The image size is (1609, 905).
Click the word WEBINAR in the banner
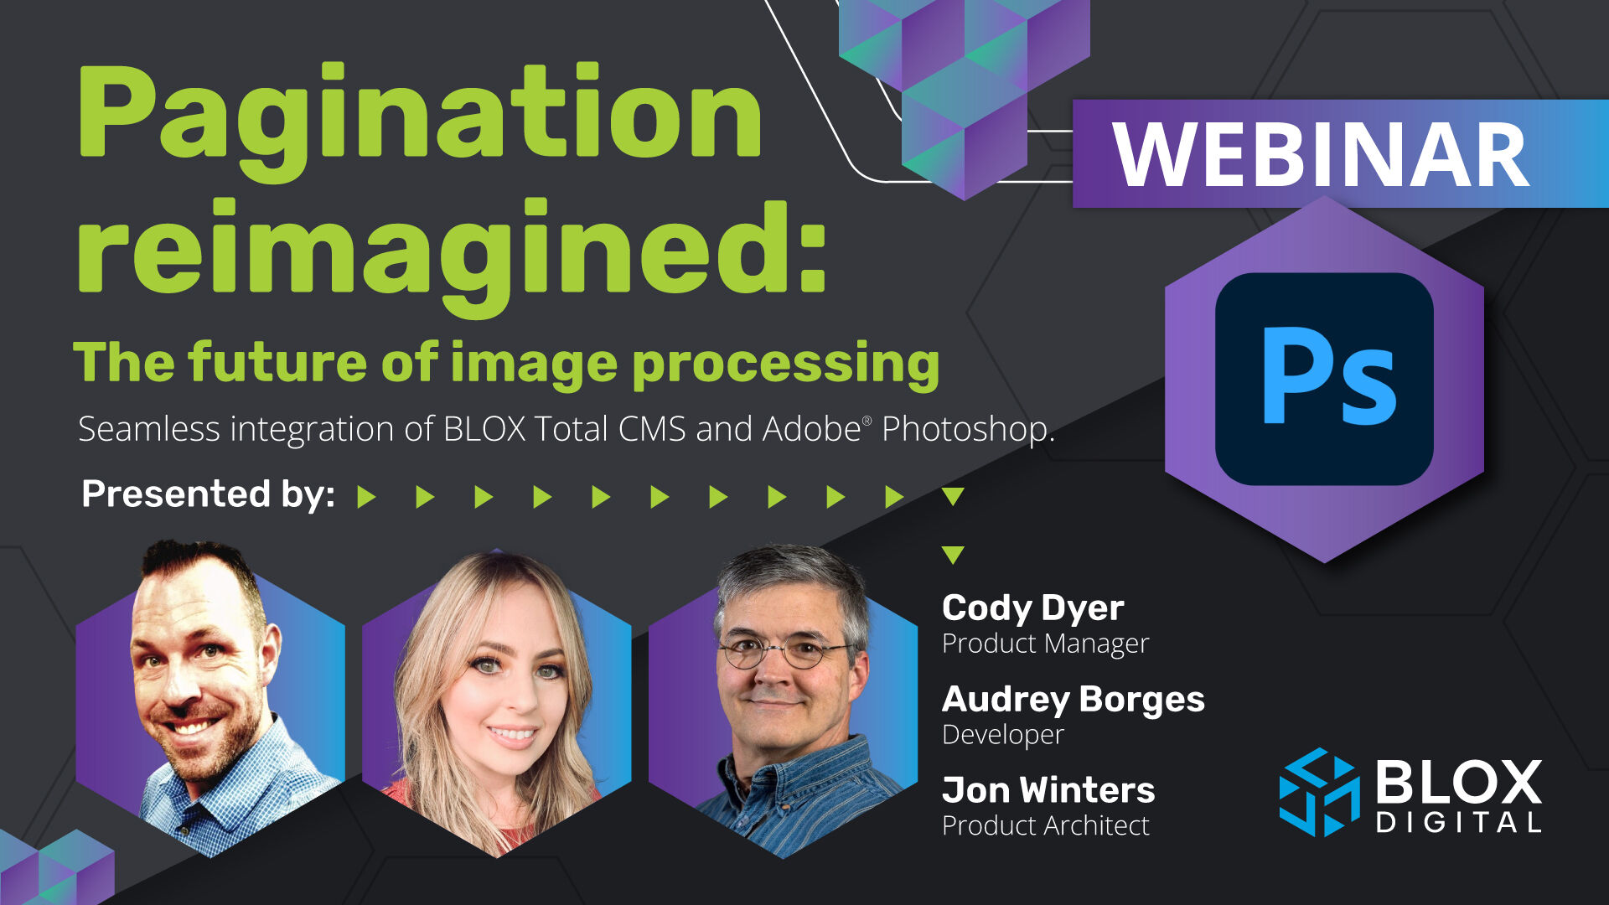pyautogui.click(x=1321, y=155)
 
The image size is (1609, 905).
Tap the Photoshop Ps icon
pyautogui.click(x=1324, y=378)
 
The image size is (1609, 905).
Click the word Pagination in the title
pyautogui.click(x=419, y=113)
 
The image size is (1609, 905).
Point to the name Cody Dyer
pyautogui.click(x=1032, y=608)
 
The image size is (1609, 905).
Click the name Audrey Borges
pyautogui.click(x=1073, y=700)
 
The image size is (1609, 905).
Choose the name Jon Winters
pyautogui.click(x=1048, y=790)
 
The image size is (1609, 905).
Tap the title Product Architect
pyautogui.click(x=1045, y=826)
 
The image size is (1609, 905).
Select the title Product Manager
pyautogui.click(x=1045, y=644)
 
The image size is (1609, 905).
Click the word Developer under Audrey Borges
pyautogui.click(x=1002, y=735)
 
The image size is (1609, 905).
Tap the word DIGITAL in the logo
pyautogui.click(x=1458, y=822)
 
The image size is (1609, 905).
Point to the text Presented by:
pyautogui.click(x=208, y=494)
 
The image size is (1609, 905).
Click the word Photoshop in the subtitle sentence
pyautogui.click(x=965, y=429)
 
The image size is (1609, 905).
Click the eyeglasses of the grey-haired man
pyautogui.click(x=784, y=650)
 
